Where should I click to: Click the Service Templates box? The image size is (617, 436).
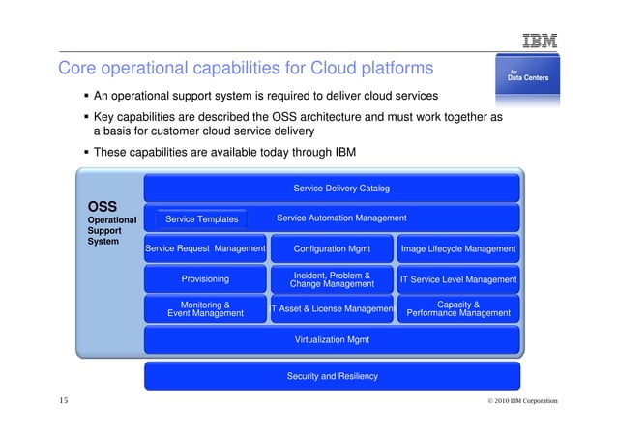point(202,220)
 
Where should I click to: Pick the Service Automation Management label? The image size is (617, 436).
point(341,218)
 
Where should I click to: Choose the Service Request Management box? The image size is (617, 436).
point(205,248)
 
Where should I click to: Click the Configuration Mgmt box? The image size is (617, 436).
point(332,248)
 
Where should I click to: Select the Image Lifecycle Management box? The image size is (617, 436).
point(458,248)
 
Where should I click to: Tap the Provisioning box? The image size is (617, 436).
point(205,279)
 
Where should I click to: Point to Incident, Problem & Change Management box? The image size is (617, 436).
point(332,279)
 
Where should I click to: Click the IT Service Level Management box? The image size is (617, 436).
point(458,279)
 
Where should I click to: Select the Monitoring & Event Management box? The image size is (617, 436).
point(205,308)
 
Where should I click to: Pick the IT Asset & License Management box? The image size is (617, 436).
point(332,309)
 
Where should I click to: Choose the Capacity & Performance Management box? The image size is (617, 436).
point(458,308)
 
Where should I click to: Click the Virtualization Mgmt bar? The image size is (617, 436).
point(332,339)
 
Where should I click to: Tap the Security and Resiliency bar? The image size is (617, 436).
point(332,376)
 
